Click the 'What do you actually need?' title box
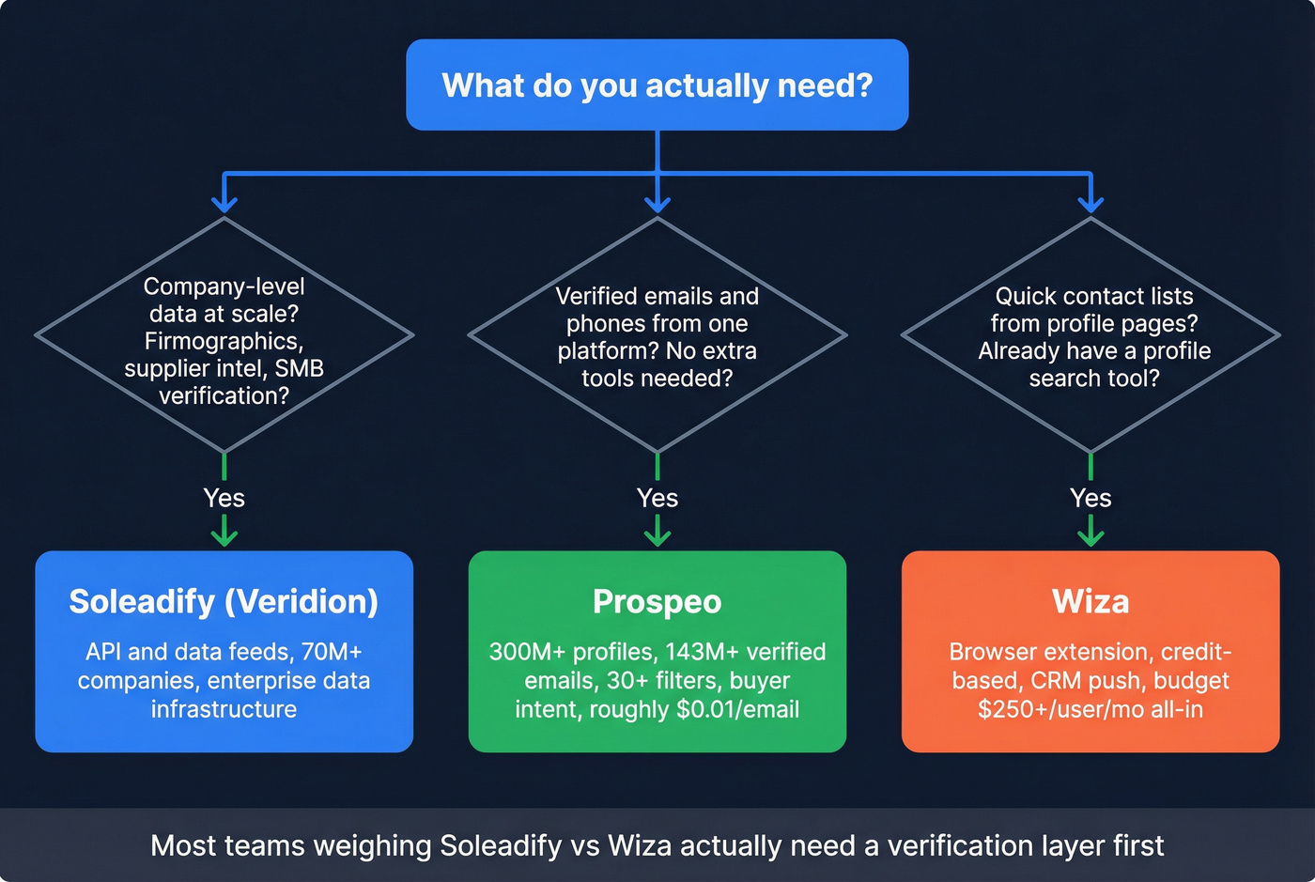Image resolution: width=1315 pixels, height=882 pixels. (657, 85)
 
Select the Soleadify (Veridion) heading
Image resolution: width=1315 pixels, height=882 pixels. (224, 601)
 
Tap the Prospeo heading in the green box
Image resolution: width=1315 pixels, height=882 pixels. (657, 601)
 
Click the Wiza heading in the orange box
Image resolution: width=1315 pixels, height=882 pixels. (1091, 601)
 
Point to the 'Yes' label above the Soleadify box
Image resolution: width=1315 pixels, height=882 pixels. (224, 498)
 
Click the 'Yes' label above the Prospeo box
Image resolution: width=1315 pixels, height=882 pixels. (657, 498)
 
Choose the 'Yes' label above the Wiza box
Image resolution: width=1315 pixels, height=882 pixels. (1091, 498)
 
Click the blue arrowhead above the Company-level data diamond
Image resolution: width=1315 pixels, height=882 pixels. (224, 204)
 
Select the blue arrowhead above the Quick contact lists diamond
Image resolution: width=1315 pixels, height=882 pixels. (1091, 204)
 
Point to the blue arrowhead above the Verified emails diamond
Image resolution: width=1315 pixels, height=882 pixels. (657, 204)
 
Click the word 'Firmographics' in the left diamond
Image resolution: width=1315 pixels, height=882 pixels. (223, 341)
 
